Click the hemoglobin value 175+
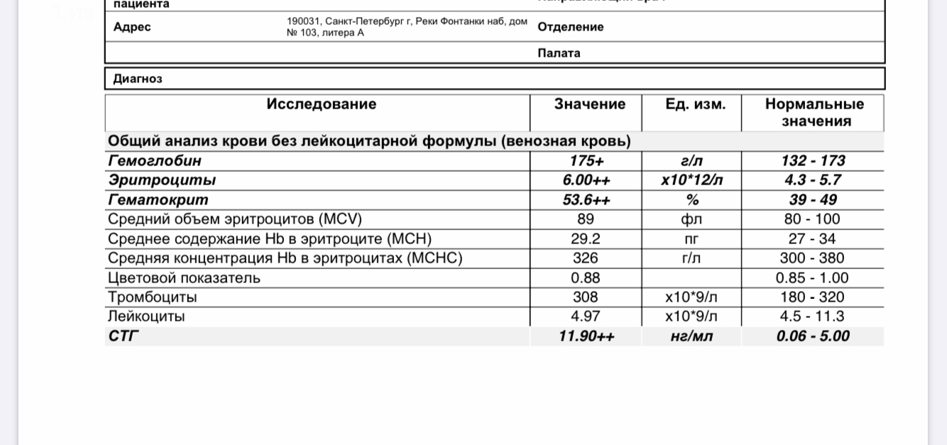pyautogui.click(x=586, y=161)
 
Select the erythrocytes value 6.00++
pyautogui.click(x=586, y=180)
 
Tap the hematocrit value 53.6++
pyautogui.click(x=586, y=200)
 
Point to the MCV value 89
pyautogui.click(x=586, y=219)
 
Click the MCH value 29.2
pyautogui.click(x=586, y=239)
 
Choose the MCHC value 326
pyautogui.click(x=586, y=258)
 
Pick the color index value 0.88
pyautogui.click(x=586, y=278)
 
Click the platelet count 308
pyautogui.click(x=586, y=297)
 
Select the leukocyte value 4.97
pyautogui.click(x=586, y=317)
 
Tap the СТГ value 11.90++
pyautogui.click(x=586, y=336)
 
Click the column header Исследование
pyautogui.click(x=322, y=104)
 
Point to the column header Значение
pyautogui.click(x=590, y=104)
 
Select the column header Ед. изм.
pyautogui.click(x=696, y=104)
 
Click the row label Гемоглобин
pyautogui.click(x=154, y=161)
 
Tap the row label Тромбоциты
pyautogui.click(x=152, y=297)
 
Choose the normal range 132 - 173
pyautogui.click(x=813, y=161)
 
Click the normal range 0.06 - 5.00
pyautogui.click(x=813, y=336)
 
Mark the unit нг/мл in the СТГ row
pyautogui.click(x=692, y=336)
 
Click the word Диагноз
pyautogui.click(x=138, y=79)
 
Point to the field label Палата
pyautogui.click(x=559, y=53)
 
